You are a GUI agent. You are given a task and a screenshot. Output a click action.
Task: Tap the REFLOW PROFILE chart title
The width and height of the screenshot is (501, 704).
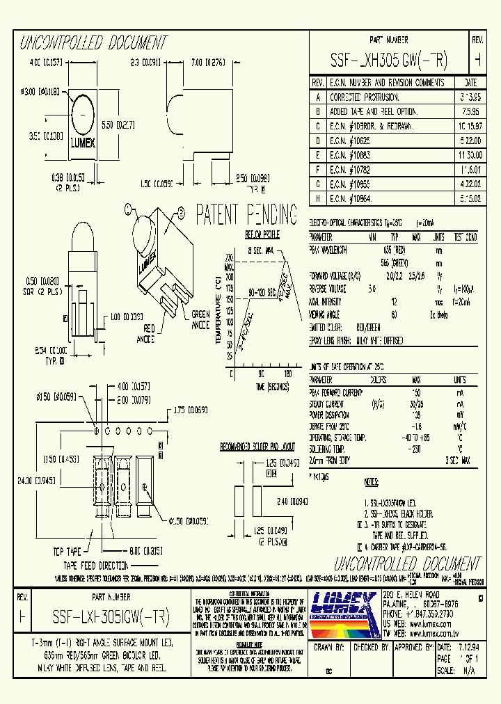point(262,234)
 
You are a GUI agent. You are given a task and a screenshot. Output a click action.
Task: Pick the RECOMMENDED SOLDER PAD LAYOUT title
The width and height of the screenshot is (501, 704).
point(257,445)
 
